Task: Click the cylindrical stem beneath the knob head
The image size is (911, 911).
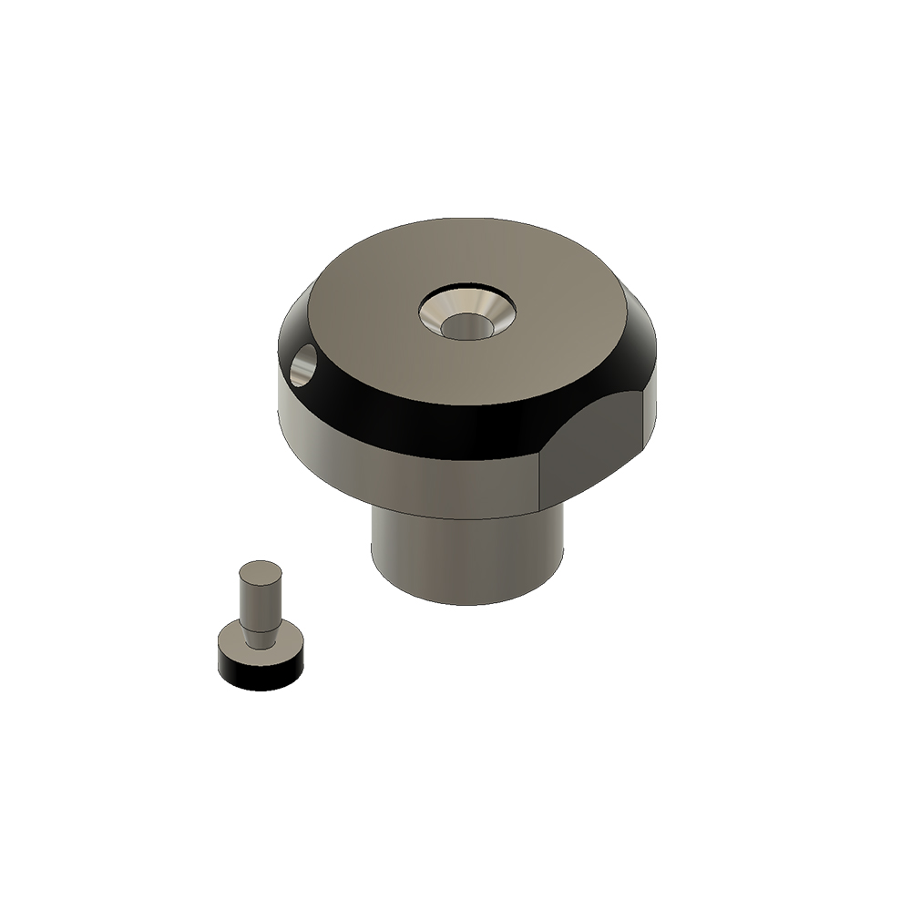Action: click(465, 556)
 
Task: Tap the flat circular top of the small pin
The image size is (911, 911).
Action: click(260, 571)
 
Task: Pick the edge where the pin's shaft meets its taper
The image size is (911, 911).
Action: click(260, 623)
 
